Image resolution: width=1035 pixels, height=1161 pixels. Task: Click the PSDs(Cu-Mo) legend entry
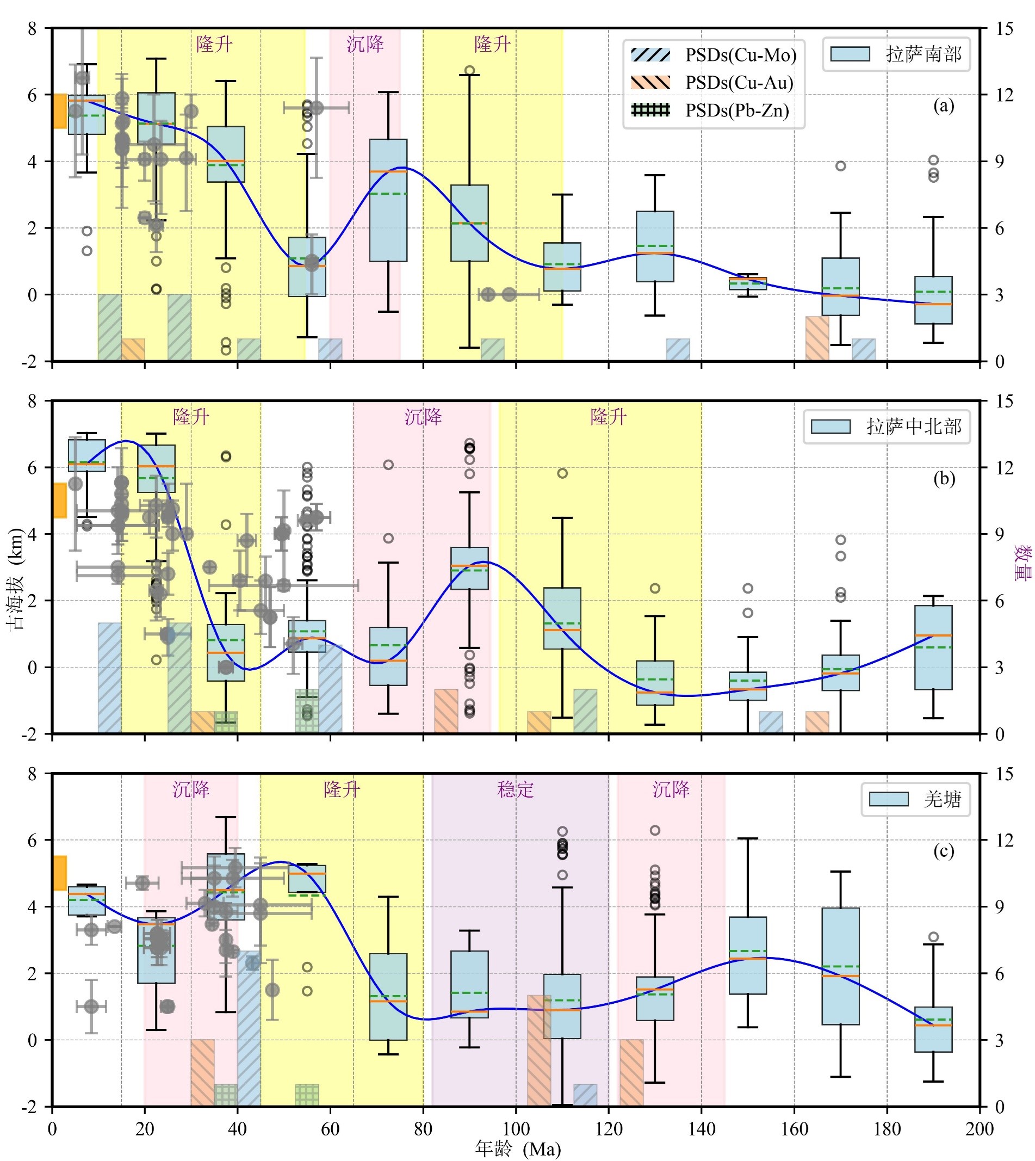point(740,55)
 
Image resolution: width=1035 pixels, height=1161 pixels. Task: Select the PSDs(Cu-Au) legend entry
point(739,83)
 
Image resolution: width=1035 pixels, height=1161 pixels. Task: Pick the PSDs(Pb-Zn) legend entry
point(737,110)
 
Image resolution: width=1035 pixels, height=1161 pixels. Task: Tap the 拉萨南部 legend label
point(923,54)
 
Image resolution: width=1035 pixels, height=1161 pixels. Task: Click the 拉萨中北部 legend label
point(913,427)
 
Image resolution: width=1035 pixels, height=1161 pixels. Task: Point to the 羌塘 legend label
point(942,799)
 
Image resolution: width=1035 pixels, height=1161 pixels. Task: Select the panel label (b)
point(944,478)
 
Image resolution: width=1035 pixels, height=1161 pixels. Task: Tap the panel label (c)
point(944,851)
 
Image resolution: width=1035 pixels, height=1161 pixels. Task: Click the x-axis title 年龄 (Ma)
point(518,1149)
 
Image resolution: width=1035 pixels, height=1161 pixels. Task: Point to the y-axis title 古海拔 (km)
point(15,579)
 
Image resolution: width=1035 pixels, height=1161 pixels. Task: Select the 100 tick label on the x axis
point(516,1129)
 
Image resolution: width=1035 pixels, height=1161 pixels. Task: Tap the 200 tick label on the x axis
point(980,1129)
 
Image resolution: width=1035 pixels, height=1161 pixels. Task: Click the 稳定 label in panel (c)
point(515,789)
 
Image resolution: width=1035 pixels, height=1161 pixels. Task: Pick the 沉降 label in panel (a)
point(365,45)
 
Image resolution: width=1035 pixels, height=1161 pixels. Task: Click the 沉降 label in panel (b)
point(423,417)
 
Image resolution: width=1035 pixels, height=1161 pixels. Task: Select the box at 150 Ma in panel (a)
point(748,283)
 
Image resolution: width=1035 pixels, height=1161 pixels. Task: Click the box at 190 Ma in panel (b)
point(933,647)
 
